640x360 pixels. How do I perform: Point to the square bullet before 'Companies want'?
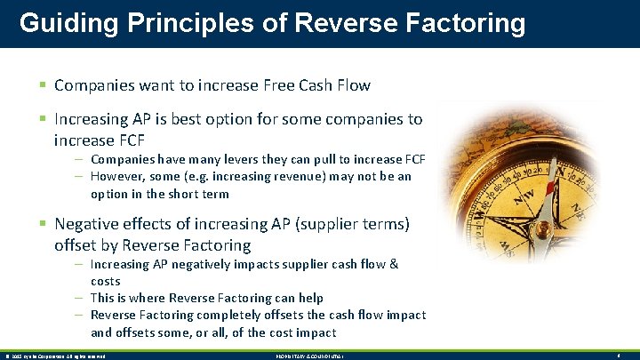(x=44, y=85)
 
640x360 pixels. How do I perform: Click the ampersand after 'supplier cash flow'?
(x=393, y=264)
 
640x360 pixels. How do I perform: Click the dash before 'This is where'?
(x=80, y=298)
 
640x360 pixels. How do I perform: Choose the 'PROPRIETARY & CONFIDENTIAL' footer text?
(x=312, y=356)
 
